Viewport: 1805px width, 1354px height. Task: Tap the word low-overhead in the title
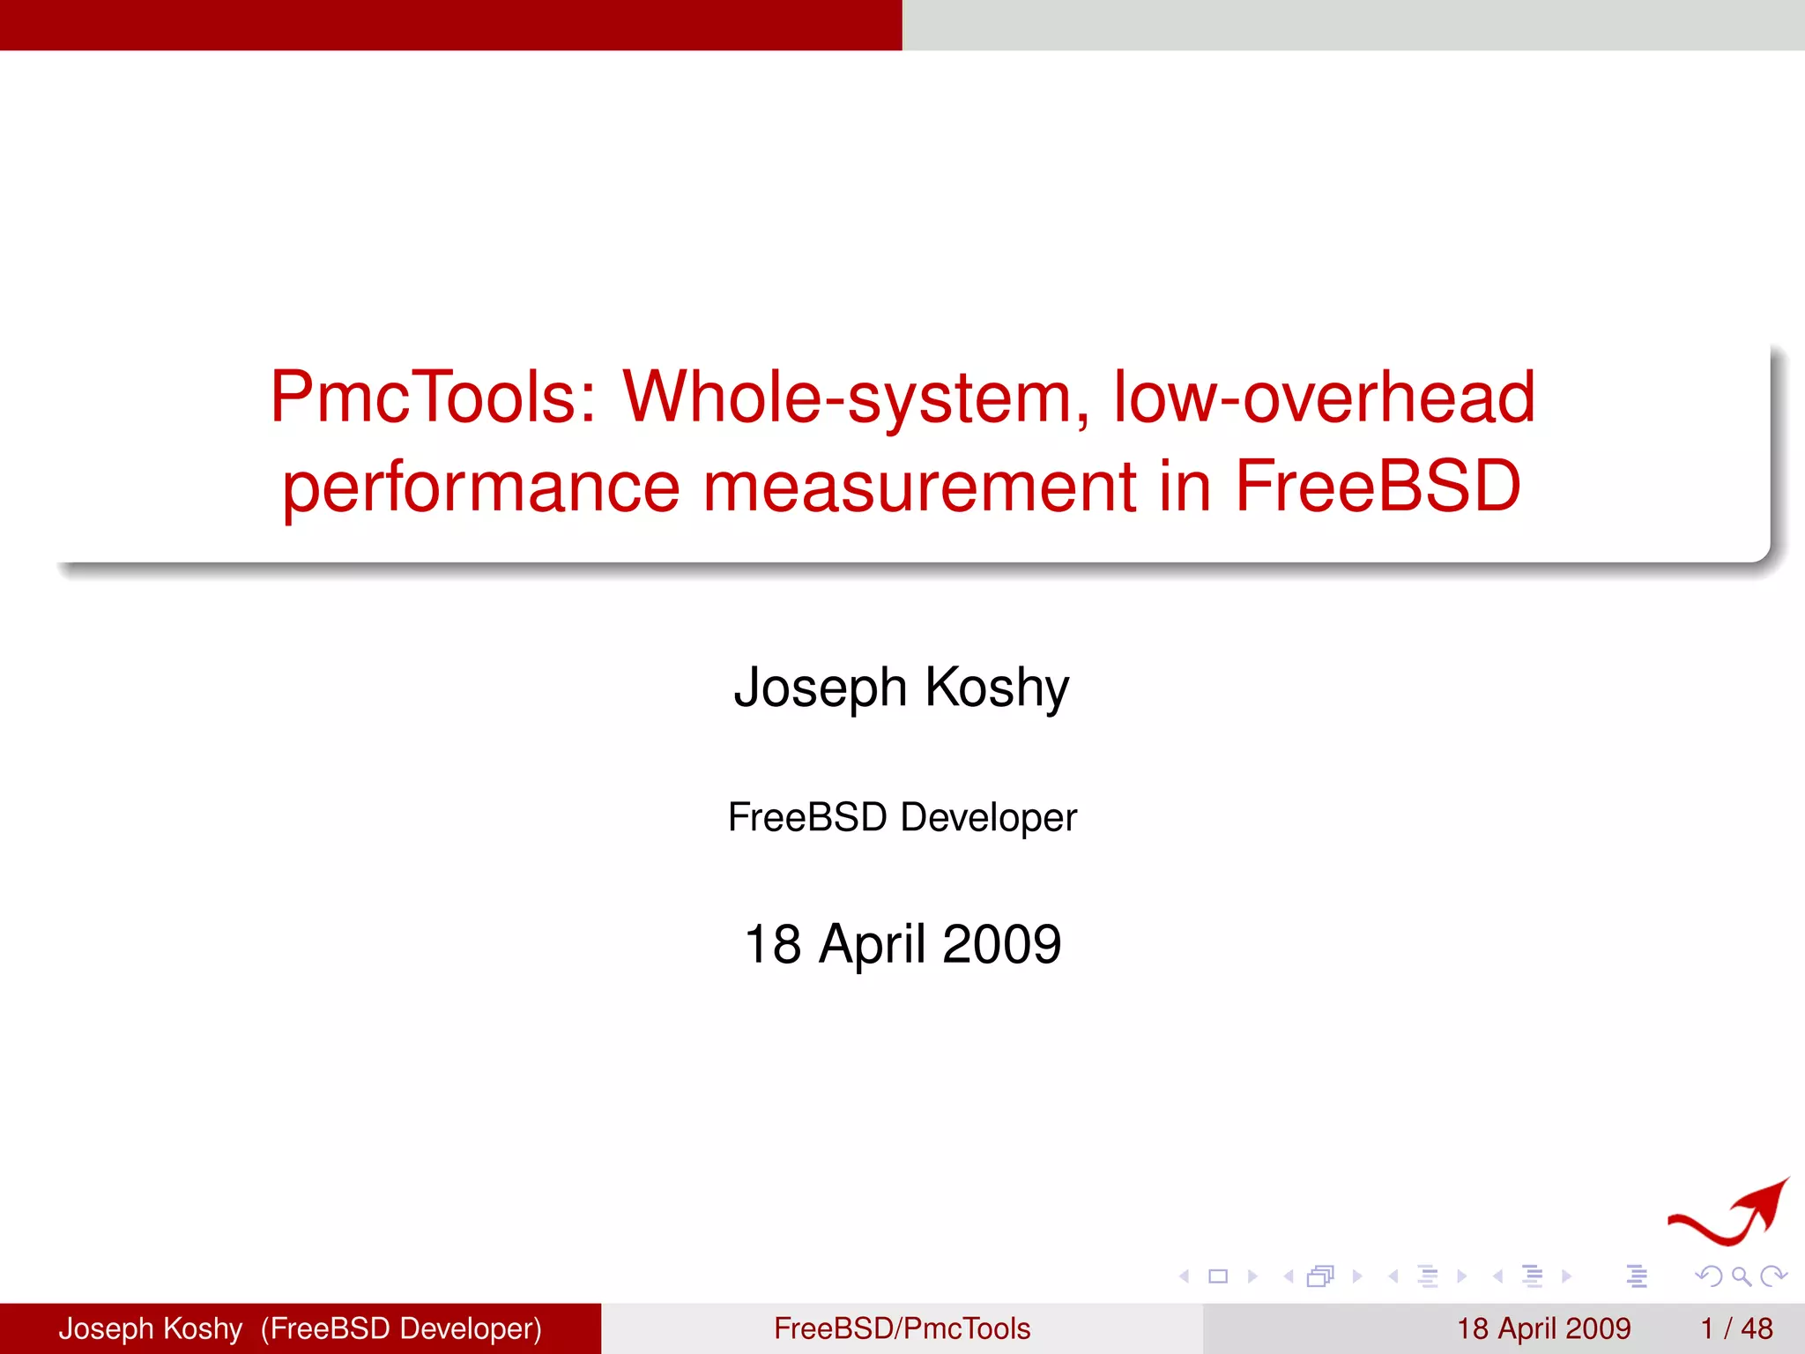click(1324, 398)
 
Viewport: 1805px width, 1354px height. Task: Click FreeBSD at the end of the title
click(1378, 487)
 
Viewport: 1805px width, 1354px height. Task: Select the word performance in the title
click(481, 487)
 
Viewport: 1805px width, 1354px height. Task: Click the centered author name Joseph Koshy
click(902, 688)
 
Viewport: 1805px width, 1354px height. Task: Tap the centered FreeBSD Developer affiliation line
click(902, 817)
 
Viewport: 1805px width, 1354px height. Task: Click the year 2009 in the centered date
click(1001, 944)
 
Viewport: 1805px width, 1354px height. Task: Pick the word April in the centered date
click(873, 944)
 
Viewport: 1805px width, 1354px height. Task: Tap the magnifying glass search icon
click(1741, 1276)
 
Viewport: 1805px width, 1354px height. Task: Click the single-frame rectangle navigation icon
click(1218, 1276)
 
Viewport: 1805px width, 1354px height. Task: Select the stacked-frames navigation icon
click(1321, 1276)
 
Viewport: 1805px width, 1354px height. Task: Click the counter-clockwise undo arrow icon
click(1710, 1276)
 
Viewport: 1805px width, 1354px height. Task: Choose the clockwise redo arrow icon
click(1772, 1276)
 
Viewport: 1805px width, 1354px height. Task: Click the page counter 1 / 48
click(1736, 1328)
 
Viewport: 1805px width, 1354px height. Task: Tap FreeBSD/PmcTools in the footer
click(902, 1328)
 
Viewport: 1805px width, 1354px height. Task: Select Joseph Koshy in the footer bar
click(151, 1328)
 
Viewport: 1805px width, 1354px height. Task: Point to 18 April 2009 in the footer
click(1543, 1328)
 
